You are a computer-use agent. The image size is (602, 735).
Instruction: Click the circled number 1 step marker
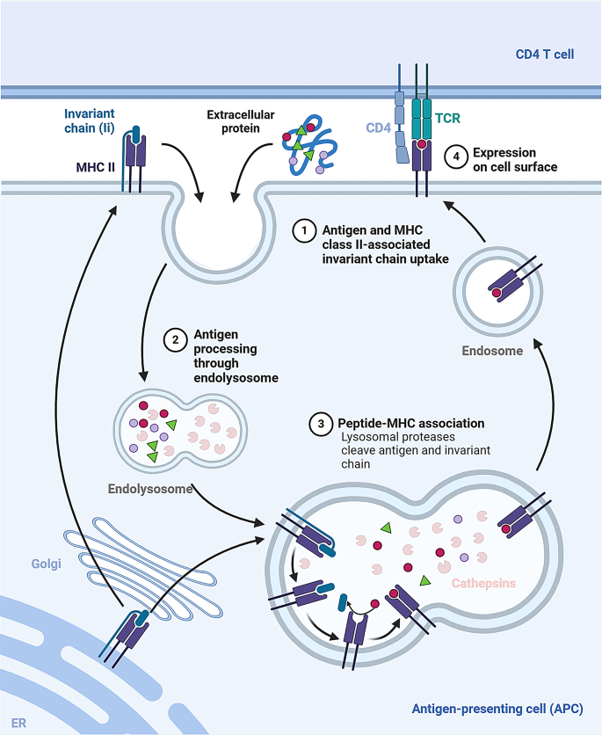point(303,231)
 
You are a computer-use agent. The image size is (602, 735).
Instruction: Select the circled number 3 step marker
point(321,424)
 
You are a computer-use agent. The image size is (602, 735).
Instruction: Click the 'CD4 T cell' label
point(545,55)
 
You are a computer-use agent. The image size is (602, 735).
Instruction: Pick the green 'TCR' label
point(457,115)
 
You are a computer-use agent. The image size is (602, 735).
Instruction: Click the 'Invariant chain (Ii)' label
point(90,120)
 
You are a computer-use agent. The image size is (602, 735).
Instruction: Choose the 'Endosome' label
point(491,350)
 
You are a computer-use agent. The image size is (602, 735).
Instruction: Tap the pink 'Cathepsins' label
point(483,582)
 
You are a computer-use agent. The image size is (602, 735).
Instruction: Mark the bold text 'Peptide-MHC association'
point(411,424)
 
